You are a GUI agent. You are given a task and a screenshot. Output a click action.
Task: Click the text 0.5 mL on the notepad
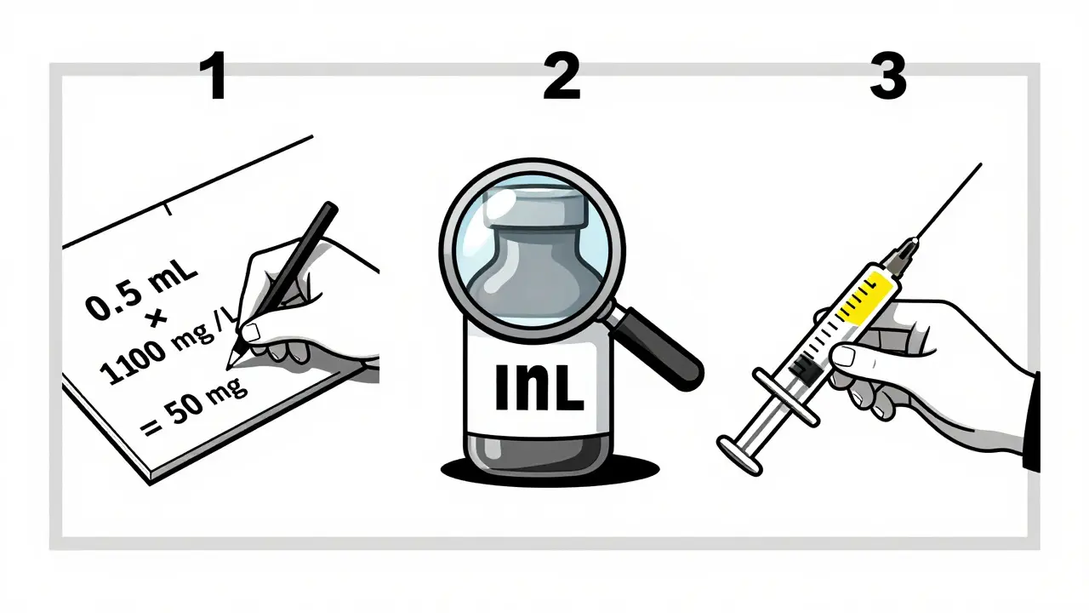[141, 291]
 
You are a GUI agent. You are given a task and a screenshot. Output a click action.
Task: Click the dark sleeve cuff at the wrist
[1031, 421]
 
